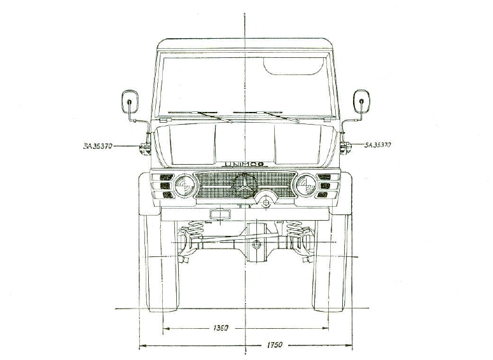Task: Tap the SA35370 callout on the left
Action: (97, 146)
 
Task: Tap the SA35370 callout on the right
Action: (377, 145)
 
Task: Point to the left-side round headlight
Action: (186, 185)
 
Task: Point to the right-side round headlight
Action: (305, 185)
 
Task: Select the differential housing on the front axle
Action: (256, 244)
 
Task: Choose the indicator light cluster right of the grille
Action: (325, 185)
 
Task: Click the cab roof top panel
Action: (245, 45)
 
